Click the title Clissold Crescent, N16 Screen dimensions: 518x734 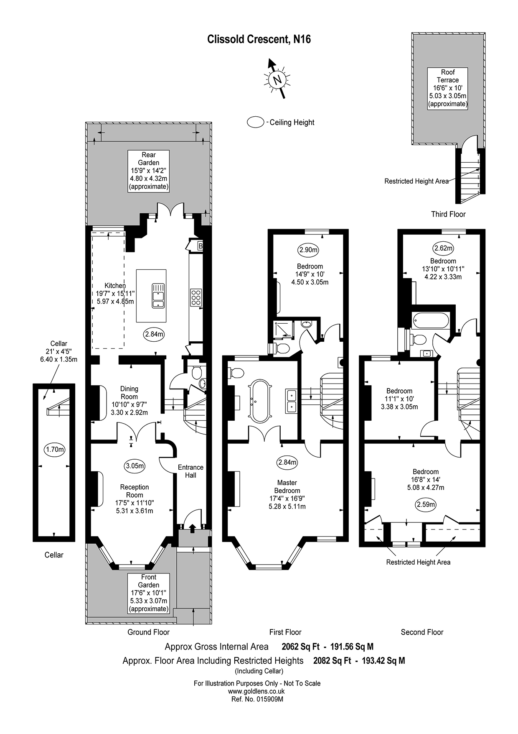tap(259, 39)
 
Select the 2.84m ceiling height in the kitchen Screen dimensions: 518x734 tap(154, 334)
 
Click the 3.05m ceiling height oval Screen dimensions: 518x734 tap(135, 465)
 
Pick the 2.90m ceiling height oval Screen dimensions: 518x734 tap(308, 250)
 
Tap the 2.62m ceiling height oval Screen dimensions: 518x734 tap(443, 248)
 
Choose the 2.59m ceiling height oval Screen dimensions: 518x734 tap(425, 504)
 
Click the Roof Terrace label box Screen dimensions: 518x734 tap(448, 88)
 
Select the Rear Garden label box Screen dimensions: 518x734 tap(148, 171)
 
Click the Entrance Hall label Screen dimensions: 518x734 tap(190, 471)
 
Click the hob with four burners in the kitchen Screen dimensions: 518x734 tap(196, 297)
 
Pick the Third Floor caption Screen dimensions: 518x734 tap(448, 214)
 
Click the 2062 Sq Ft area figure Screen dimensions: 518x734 tap(300, 647)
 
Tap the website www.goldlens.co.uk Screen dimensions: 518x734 tap(257, 691)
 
